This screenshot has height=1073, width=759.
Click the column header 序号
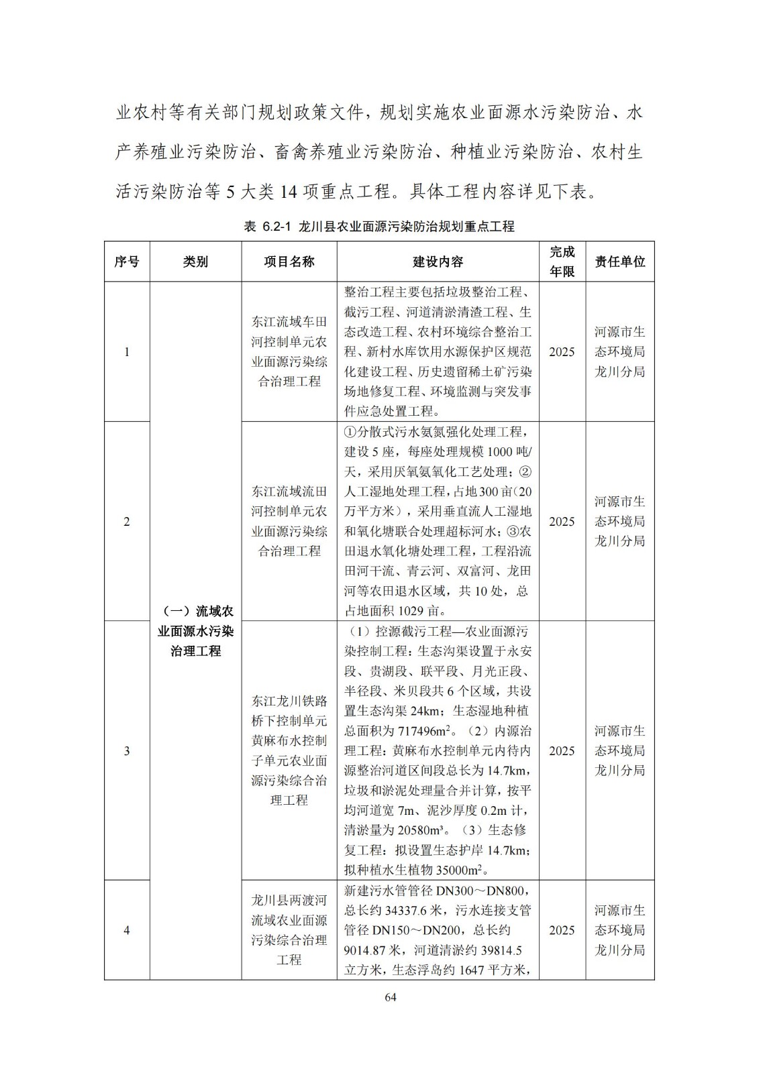(x=127, y=262)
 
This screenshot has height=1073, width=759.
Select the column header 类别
(x=195, y=262)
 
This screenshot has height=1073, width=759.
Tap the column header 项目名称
(x=289, y=262)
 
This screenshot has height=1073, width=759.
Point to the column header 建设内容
(x=438, y=262)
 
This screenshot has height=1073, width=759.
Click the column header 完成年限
(x=562, y=262)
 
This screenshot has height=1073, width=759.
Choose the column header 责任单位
(x=619, y=262)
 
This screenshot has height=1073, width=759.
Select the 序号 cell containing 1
(x=127, y=351)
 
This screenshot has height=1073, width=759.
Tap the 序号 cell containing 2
(x=127, y=521)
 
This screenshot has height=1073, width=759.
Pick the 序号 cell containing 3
(x=127, y=750)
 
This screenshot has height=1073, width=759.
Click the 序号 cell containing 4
(x=127, y=930)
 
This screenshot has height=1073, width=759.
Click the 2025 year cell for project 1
(x=562, y=351)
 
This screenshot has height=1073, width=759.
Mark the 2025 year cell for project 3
(x=562, y=750)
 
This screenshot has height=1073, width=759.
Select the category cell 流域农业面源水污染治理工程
(x=195, y=630)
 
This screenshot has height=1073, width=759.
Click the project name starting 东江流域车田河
(x=289, y=351)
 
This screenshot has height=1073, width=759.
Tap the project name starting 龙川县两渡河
(x=289, y=930)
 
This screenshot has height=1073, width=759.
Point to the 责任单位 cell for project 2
(x=619, y=521)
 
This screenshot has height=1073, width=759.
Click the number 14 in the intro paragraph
(x=287, y=192)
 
